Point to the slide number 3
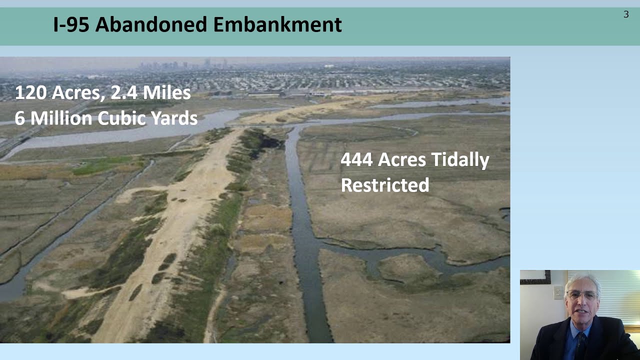625,14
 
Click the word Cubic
122,118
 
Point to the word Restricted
385,185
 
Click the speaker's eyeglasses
582,295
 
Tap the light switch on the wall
558,292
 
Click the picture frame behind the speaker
535,277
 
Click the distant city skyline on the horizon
185,64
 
